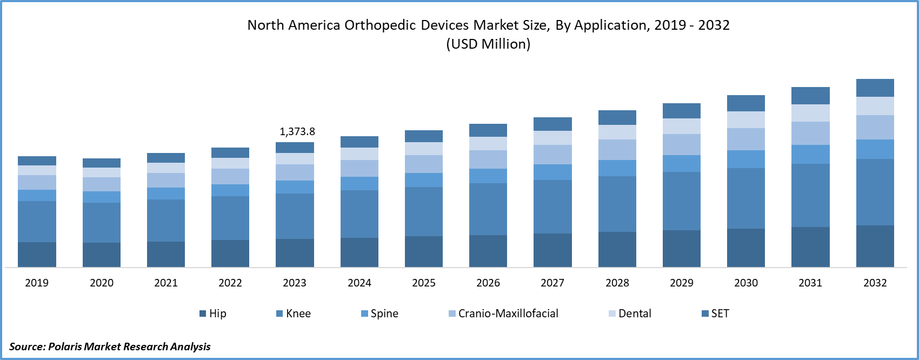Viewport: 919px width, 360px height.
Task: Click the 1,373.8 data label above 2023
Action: (x=297, y=131)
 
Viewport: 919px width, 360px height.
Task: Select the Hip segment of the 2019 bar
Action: (x=37, y=254)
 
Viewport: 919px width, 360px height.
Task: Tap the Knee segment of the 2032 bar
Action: (x=875, y=192)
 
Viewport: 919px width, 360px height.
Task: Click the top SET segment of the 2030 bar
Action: (x=745, y=103)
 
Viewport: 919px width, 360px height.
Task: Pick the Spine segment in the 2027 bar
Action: (x=552, y=172)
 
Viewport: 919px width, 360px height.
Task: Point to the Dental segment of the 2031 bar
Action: (x=810, y=113)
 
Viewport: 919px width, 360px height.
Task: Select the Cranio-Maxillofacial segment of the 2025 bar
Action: (x=424, y=164)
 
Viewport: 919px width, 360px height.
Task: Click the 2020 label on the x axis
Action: (x=102, y=283)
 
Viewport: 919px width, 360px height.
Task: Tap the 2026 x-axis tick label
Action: (x=488, y=283)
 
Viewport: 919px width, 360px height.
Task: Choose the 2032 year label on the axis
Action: (x=875, y=283)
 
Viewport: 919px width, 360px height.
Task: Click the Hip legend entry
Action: (x=213, y=314)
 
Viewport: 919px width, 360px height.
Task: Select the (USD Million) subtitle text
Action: (x=488, y=44)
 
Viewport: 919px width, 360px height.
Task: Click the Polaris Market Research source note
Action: (x=110, y=346)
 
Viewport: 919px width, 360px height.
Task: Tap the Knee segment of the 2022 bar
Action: (x=230, y=218)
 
